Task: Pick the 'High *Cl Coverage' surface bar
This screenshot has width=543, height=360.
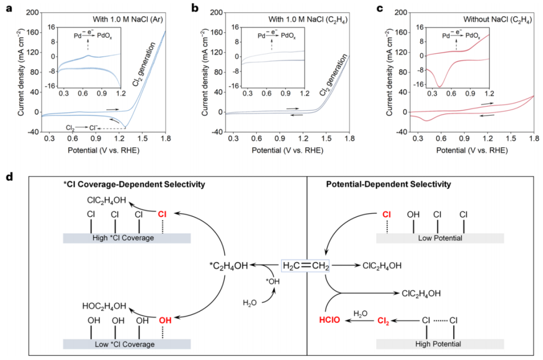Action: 126,238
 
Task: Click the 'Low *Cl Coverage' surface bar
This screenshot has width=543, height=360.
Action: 126,344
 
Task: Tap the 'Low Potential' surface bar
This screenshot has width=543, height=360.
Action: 440,238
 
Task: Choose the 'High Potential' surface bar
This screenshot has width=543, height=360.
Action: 440,344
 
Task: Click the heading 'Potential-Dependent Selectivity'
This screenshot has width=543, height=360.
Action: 395,185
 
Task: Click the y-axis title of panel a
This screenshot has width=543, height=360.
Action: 21,72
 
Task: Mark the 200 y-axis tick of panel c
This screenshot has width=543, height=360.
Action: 401,12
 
